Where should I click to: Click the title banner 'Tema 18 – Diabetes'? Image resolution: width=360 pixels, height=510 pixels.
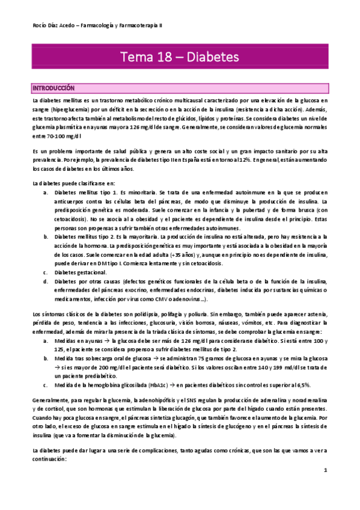click(180, 57)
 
